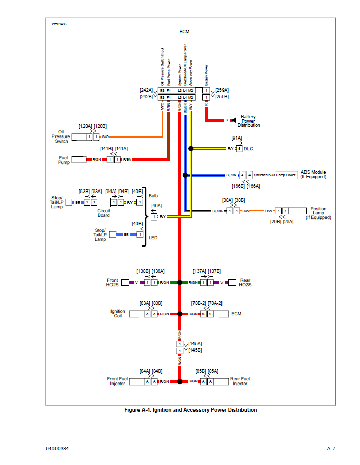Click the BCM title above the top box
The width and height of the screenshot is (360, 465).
coord(184,32)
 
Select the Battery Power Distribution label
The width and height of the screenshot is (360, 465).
coord(248,121)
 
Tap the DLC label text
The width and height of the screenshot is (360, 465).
coord(248,149)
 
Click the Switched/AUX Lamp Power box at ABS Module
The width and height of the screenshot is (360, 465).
coord(275,175)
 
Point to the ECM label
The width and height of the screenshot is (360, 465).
coord(236,314)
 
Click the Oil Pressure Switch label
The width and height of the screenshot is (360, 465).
coord(61,136)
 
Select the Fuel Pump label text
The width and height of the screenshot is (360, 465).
coord(64,160)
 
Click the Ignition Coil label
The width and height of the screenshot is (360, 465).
coord(118,314)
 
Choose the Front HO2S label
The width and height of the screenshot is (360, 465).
coord(112,282)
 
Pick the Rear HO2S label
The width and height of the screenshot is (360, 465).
coord(245,282)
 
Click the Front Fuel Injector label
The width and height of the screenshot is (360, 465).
coord(117,381)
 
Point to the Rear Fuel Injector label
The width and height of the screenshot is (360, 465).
coord(240,381)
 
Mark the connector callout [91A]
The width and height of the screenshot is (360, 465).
coord(237,138)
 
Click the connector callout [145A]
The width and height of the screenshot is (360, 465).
coord(195,344)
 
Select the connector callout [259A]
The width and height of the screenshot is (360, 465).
coord(222,90)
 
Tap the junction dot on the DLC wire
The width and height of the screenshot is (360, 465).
coord(191,149)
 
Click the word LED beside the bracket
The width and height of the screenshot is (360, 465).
coord(153,238)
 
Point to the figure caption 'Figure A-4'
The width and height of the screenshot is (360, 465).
coord(190,410)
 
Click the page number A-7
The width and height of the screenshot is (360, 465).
coord(330,449)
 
